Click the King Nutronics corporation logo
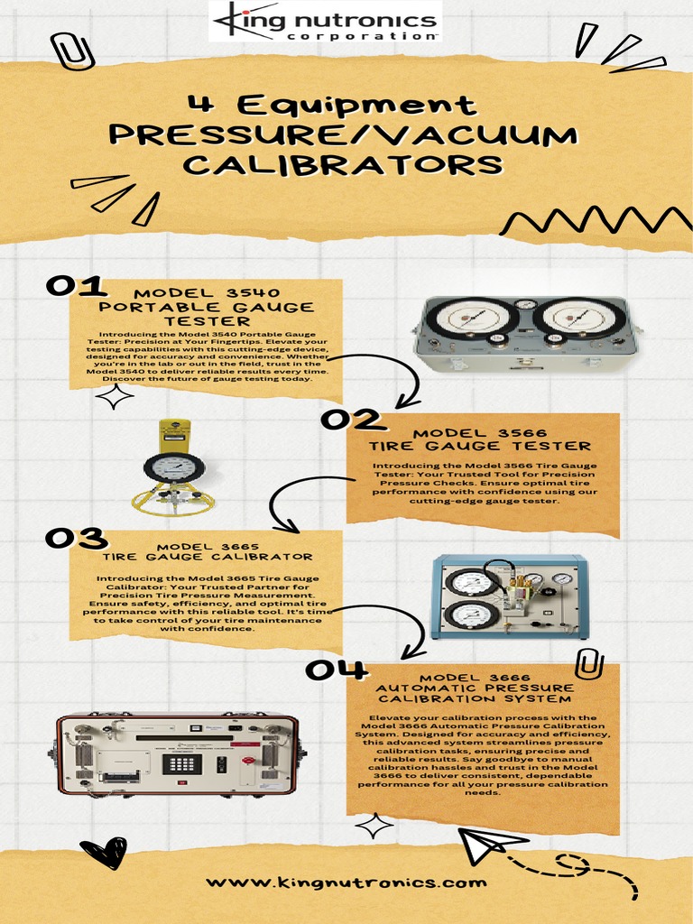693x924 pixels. point(324,22)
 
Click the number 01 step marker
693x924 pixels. point(77,286)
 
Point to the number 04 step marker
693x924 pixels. point(336,670)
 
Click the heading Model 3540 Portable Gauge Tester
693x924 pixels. point(207,307)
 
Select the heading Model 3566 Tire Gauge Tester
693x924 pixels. point(480,439)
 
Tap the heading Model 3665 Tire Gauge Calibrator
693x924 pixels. point(208,551)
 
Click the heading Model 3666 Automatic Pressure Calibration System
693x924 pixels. point(474,688)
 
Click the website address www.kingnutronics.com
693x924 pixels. point(346,882)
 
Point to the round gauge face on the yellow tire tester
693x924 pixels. point(173,467)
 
